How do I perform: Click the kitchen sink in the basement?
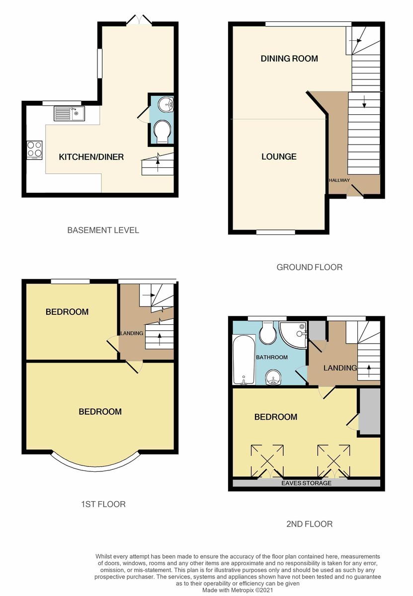69,114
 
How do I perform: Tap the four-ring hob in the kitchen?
34,149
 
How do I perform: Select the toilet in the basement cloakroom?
161,132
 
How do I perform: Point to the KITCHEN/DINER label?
91,157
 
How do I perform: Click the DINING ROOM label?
289,59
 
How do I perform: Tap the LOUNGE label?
279,156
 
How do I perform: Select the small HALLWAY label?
339,180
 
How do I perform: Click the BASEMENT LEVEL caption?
103,230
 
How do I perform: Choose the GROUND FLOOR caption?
309,267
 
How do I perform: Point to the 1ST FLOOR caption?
103,504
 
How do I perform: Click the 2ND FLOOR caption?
309,523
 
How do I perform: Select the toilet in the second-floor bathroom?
268,332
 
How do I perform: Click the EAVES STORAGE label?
306,483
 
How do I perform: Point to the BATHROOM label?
272,357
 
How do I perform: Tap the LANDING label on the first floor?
132,333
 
